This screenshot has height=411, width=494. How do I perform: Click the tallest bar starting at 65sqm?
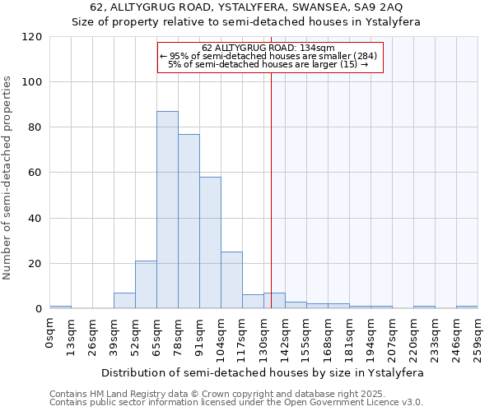167,210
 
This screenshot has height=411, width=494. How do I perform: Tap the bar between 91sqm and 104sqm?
210,242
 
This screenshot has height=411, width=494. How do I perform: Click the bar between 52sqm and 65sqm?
146,284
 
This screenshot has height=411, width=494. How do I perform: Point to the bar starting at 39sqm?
124,301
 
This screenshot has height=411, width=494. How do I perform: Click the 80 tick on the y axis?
35,127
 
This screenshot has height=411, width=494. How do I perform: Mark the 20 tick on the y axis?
35,264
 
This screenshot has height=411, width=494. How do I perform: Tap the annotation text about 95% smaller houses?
268,56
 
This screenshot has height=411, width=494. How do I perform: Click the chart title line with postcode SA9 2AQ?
246,8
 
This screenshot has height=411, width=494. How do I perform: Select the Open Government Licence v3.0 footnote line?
236,402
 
